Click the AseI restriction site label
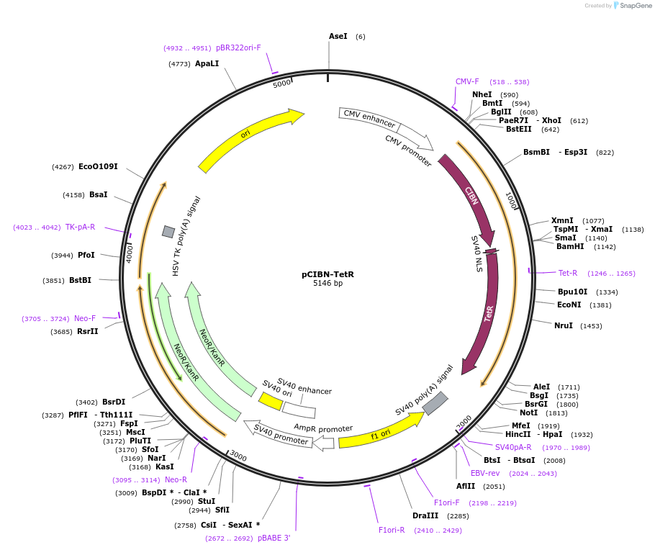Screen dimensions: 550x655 click(x=338, y=36)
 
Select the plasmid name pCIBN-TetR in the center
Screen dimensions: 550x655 click(x=327, y=274)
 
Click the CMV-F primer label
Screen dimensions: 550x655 click(x=467, y=82)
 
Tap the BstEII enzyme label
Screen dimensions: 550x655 click(x=518, y=130)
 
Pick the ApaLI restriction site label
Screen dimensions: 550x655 click(x=207, y=64)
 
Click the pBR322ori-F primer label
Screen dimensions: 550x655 click(x=238, y=48)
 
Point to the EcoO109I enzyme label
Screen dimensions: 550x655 click(x=98, y=167)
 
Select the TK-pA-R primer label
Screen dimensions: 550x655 click(x=80, y=227)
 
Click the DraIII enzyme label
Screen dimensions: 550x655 click(x=425, y=515)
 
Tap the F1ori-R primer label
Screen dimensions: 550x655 click(x=392, y=530)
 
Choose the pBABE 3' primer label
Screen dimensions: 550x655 click(x=274, y=538)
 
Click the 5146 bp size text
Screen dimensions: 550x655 click(x=327, y=284)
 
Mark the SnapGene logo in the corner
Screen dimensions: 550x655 click(x=630, y=6)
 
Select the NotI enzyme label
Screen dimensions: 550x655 click(x=528, y=412)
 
